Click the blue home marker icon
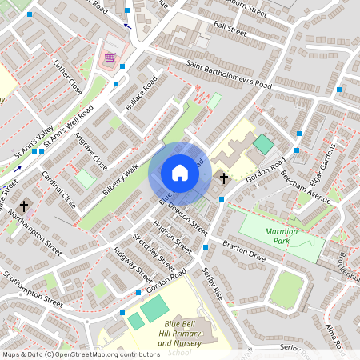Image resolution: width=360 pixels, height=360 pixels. pyautogui.click(x=180, y=173)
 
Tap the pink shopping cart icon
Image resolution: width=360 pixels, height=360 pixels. pyautogui.click(x=110, y=58)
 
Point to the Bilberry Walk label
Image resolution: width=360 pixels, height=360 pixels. pyautogui.click(x=121, y=180)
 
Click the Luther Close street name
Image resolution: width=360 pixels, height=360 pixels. pyautogui.click(x=67, y=73)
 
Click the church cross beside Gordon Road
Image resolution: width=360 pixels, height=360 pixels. pyautogui.click(x=223, y=178)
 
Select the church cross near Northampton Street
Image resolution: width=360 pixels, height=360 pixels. pyautogui.click(x=24, y=206)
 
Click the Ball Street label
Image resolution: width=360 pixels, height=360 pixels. pyautogui.click(x=230, y=30)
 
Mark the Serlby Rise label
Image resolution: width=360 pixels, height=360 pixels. pyautogui.click(x=213, y=284)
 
